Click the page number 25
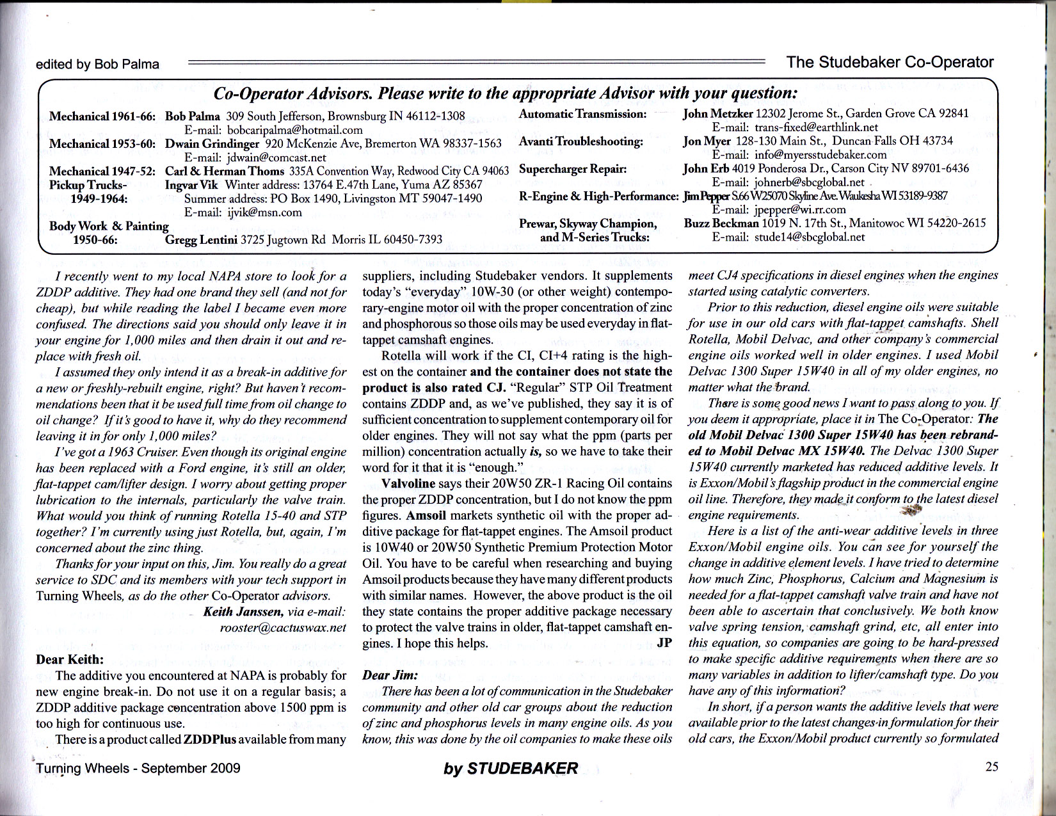(991, 767)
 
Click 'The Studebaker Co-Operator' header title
(890, 62)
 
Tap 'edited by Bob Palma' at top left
(97, 64)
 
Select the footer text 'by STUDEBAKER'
(511, 769)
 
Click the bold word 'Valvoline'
(408, 483)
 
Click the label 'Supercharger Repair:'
(573, 170)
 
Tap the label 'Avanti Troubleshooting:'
(580, 141)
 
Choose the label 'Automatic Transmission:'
(582, 114)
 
